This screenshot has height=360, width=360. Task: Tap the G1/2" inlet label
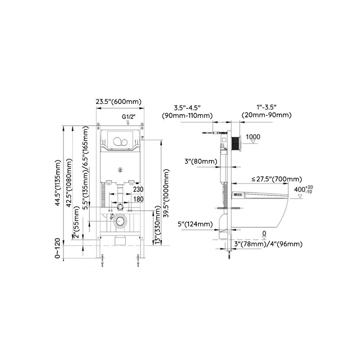(127, 117)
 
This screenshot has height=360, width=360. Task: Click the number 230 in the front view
(138, 189)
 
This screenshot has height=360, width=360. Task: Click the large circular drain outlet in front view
(120, 221)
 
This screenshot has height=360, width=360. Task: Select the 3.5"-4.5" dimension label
(187, 107)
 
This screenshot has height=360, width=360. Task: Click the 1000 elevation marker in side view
(254, 137)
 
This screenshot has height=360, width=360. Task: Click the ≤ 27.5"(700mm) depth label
(277, 180)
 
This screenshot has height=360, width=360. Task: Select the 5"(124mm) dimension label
(195, 224)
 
